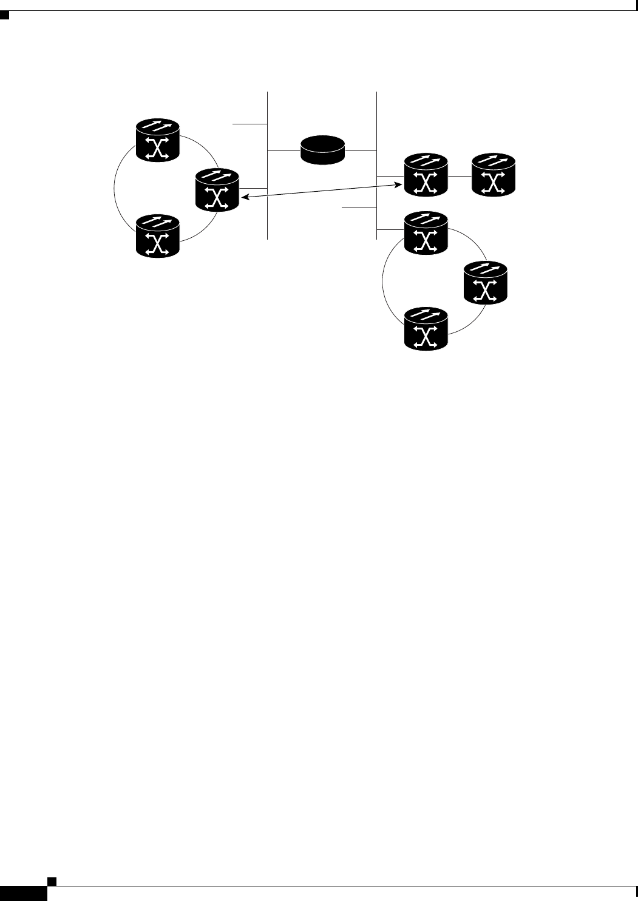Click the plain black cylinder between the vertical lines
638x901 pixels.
pos(323,150)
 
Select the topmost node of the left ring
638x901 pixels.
pos(158,140)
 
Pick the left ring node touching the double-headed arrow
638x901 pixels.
pos(217,190)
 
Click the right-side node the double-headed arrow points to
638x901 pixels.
pos(426,175)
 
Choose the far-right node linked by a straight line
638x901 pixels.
pos(494,175)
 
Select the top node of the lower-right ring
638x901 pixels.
pos(426,233)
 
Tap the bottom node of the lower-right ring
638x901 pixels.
pos(426,328)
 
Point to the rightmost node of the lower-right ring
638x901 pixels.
pos(485,282)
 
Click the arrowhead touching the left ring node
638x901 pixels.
pos(245,196)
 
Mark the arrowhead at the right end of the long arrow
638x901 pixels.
pos(401,181)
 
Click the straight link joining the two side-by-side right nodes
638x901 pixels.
pos(460,176)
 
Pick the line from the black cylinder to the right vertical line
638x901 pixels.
pos(361,150)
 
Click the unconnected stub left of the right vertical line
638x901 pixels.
pos(359,208)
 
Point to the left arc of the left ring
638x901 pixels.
pos(115,187)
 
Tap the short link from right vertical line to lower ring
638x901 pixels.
pos(390,229)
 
